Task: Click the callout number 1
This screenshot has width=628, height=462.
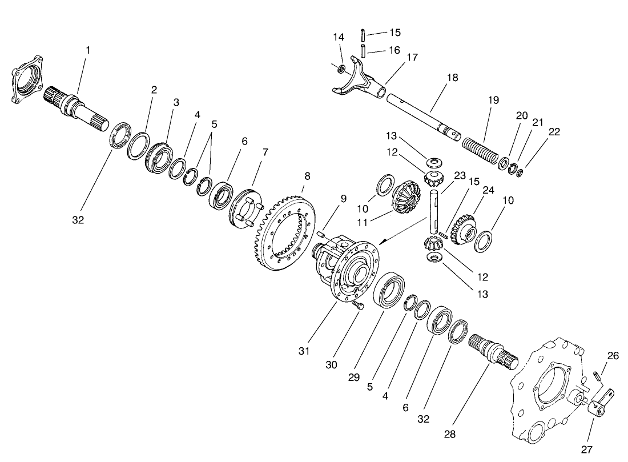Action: (88, 50)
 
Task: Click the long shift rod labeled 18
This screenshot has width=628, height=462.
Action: (422, 114)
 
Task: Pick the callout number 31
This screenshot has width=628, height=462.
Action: (304, 351)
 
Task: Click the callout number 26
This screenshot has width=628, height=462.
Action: (613, 356)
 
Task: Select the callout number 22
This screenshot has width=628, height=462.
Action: (553, 131)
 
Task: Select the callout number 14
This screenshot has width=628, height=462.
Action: (339, 37)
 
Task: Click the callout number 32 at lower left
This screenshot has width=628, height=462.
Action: (78, 220)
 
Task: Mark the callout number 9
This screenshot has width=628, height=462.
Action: (343, 199)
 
